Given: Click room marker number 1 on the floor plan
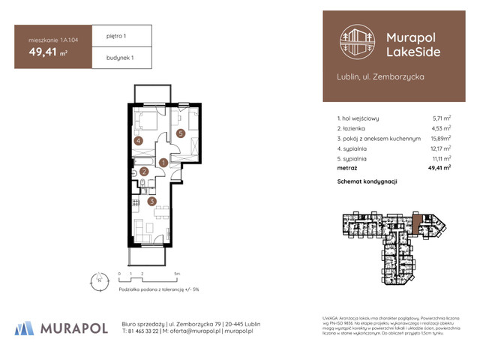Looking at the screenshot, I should click(x=163, y=163).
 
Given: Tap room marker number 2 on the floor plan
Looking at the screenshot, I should click(x=145, y=172).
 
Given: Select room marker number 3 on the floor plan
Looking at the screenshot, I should click(x=151, y=201).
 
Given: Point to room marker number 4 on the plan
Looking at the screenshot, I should click(x=138, y=140).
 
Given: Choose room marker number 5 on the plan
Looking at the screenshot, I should click(x=181, y=133).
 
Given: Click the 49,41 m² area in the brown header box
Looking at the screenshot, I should click(x=45, y=52).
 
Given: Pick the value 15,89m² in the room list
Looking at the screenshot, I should click(x=440, y=139).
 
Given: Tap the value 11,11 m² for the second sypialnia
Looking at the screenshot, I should click(x=440, y=159).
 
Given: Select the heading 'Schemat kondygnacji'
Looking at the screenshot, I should click(x=367, y=182).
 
